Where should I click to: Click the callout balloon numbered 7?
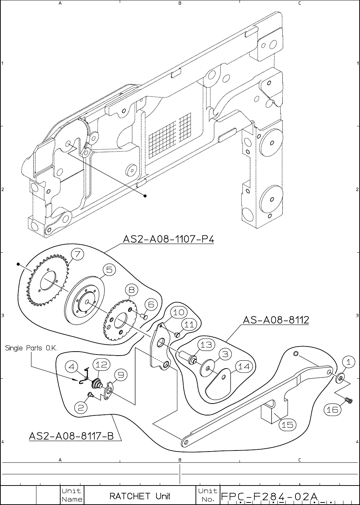click(77, 254)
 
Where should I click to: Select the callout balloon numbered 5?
click(109, 270)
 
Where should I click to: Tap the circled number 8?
click(132, 290)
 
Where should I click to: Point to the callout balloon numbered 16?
click(333, 410)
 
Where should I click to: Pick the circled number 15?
click(287, 425)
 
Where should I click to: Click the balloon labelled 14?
click(244, 367)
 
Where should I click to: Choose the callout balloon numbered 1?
click(348, 362)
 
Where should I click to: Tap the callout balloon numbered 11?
click(189, 325)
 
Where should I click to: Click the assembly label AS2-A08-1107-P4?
click(168, 239)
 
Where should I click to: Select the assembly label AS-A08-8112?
click(276, 320)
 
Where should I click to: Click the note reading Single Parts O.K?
click(31, 348)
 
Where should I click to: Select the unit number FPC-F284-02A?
click(269, 496)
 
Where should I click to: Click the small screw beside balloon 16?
click(348, 400)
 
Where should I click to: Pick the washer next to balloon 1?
click(339, 379)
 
